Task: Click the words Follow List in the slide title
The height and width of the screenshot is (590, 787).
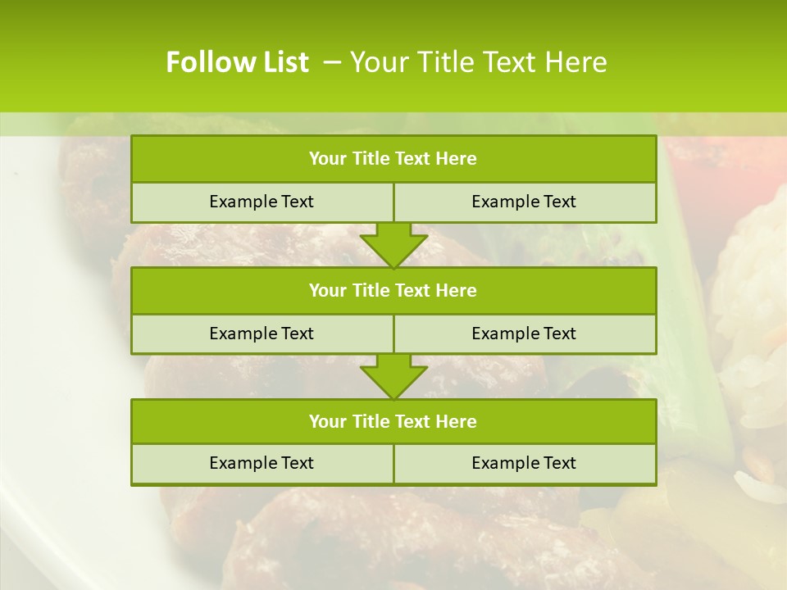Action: tap(237, 62)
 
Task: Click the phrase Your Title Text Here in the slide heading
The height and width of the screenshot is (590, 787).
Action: tap(479, 62)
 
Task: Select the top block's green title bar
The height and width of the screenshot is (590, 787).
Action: tap(393, 159)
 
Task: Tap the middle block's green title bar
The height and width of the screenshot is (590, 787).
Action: tap(393, 290)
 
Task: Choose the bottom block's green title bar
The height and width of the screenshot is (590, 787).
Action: tap(393, 421)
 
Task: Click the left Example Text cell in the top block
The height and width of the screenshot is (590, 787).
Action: tap(262, 202)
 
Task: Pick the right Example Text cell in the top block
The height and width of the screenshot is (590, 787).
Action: tap(524, 202)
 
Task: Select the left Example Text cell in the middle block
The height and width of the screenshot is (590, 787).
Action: tap(262, 334)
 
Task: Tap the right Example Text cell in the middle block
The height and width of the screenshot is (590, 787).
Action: tap(524, 334)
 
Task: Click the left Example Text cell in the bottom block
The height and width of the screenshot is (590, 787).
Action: tap(262, 463)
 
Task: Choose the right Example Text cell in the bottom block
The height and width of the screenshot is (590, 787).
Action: tap(524, 463)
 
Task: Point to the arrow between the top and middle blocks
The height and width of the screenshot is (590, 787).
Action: tap(393, 245)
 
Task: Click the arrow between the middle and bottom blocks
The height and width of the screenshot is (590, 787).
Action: tap(393, 376)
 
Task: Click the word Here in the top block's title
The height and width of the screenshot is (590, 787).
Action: tap(457, 159)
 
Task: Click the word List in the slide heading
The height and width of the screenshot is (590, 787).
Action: tap(284, 62)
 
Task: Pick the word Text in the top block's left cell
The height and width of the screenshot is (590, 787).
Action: tap(297, 202)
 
